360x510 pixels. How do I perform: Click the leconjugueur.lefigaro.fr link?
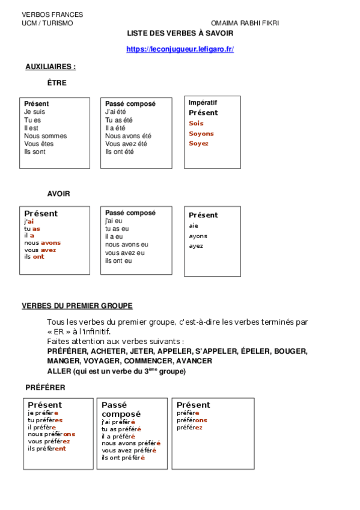pos(180,49)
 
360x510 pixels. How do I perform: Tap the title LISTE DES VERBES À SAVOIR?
pos(180,34)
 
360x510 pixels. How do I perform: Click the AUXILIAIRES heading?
pos(50,67)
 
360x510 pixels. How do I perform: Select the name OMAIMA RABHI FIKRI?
pos(245,23)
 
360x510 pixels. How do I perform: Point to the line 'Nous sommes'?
pos(46,136)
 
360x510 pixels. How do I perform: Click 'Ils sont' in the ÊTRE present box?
pos(35,152)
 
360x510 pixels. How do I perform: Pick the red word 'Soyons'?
pos(201,134)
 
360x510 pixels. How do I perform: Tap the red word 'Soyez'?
pos(199,143)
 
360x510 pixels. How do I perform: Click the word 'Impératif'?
pos(203,103)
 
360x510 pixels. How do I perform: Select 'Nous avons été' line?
pos(129,136)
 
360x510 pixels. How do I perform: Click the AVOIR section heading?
pos(58,194)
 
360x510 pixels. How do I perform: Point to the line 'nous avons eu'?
pos(127,245)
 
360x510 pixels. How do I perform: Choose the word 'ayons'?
pos(198,236)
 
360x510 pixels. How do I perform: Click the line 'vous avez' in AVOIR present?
pos(40,250)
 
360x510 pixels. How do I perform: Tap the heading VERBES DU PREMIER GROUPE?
pos(78,306)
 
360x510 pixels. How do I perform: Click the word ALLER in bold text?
pos(59,371)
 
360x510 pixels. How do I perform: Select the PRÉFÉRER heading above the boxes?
pos(46,387)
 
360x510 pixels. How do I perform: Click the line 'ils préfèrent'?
pos(47,448)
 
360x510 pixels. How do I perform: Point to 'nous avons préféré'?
pos(131,443)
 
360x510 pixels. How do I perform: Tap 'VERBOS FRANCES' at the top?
pos(52,14)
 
